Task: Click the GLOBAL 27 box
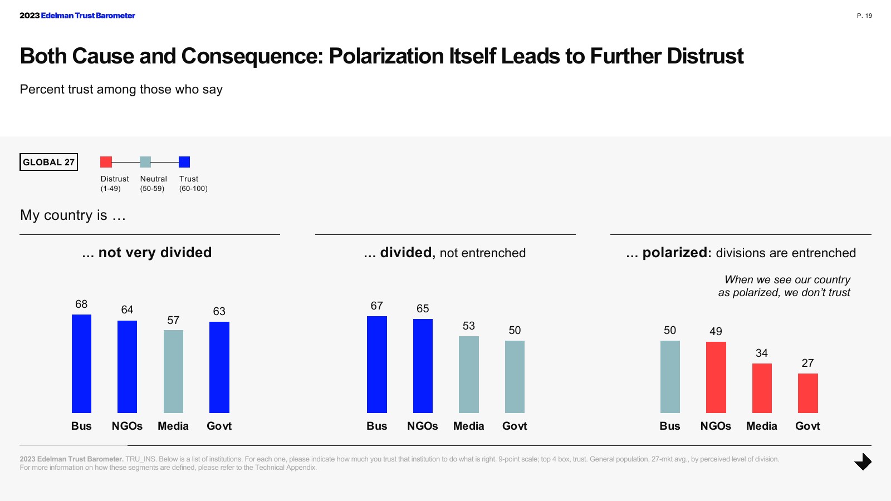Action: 48,162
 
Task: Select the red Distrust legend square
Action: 106,162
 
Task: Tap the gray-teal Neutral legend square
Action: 145,162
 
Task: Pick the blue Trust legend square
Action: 184,162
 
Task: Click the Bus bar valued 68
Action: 81,364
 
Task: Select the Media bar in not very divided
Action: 173,371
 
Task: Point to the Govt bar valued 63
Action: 219,367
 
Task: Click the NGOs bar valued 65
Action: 423,366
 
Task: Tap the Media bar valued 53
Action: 469,375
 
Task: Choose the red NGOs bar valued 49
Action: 716,377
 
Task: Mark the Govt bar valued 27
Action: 807,393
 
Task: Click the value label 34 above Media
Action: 762,353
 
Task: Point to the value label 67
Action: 376,306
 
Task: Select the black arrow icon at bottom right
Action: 863,461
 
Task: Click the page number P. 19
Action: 864,16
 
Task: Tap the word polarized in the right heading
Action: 674,253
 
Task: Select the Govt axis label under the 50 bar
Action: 515,426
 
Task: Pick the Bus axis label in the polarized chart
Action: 670,426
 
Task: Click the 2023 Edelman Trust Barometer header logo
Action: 77,16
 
